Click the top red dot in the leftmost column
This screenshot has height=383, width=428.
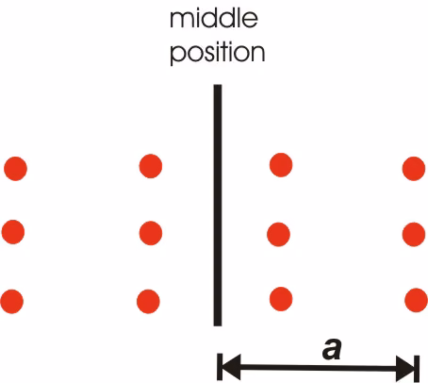point(15,169)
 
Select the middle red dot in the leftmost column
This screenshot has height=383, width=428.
point(13,232)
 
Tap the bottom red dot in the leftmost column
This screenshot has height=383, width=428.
point(12,301)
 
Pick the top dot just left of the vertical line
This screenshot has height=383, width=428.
point(151,166)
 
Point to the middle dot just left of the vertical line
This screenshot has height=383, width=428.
point(151,233)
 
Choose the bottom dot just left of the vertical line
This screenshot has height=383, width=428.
point(148,301)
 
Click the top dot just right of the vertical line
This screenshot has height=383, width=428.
point(281,165)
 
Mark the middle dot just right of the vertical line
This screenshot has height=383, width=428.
point(278,234)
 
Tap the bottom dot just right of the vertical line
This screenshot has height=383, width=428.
point(281,299)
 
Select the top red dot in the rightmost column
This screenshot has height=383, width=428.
point(414,169)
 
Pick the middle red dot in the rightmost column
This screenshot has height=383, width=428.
point(414,234)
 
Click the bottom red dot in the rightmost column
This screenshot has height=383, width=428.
point(416,300)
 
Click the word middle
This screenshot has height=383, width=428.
point(214,19)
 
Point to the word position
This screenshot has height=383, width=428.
point(218,53)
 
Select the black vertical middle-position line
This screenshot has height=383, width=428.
point(218,205)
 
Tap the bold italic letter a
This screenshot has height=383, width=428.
point(332,349)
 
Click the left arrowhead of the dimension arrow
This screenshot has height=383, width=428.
point(232,367)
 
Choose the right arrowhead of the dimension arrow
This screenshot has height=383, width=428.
point(405,369)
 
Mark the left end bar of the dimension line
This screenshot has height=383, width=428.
point(220,367)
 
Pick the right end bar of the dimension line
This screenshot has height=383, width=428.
point(417,369)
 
